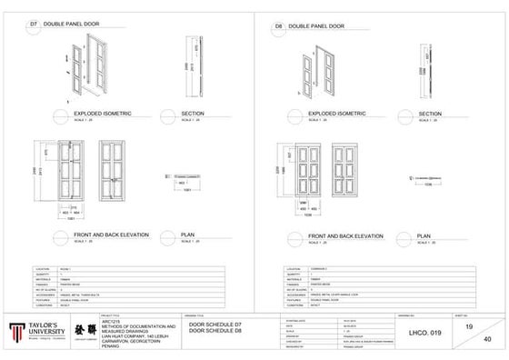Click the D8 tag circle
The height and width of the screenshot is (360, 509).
[x=278, y=27]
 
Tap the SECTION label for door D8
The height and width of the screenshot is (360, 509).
[x=430, y=114]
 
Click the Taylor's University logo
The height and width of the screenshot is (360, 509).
[x=34, y=330]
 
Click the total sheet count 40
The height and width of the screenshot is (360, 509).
[x=486, y=340]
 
